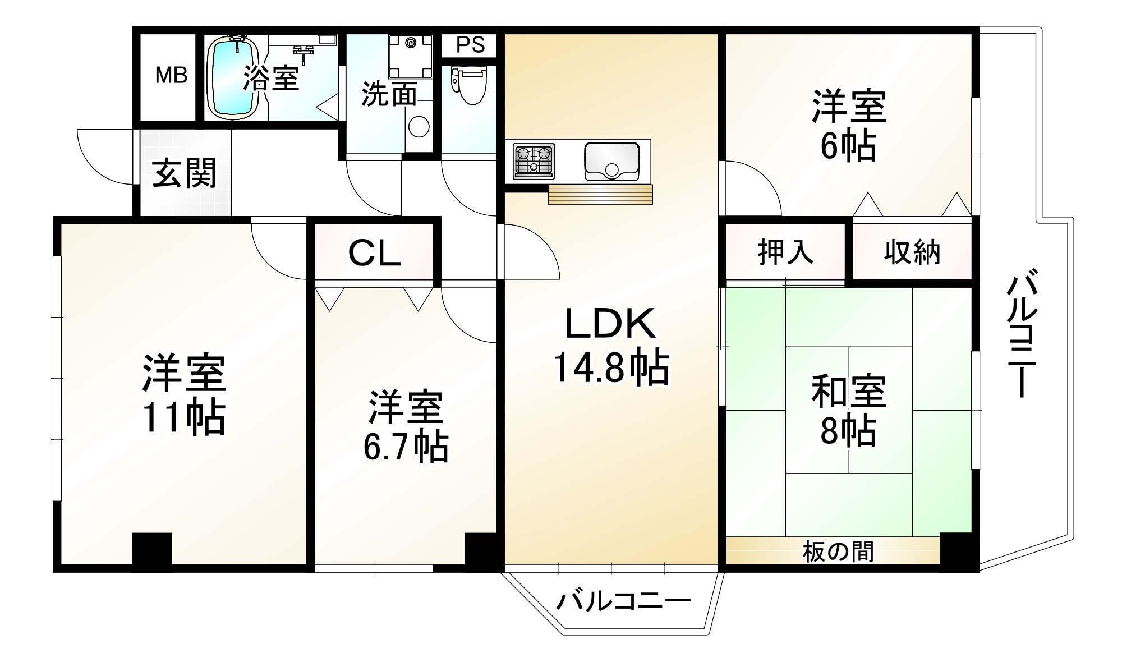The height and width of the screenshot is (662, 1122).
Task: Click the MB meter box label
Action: pos(171,75)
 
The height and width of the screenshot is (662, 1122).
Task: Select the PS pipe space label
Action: pos(470,45)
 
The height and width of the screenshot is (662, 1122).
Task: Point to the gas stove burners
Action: pos(534,161)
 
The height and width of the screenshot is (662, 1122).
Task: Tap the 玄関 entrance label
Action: pos(185,173)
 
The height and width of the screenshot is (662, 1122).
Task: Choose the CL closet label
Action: pos(374,254)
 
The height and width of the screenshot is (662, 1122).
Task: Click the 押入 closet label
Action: pos(785,252)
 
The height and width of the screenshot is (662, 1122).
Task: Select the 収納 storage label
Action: pos(912,252)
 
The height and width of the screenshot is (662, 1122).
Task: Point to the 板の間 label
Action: pos(838,551)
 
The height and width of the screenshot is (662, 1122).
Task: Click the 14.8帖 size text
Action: pos(611,368)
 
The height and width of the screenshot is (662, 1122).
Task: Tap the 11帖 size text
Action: pos(183,418)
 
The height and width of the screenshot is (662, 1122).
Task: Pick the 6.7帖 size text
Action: pos(406,447)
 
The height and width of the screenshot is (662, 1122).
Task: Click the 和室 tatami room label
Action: pos(848,391)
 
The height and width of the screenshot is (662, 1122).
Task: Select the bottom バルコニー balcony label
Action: pos(623,602)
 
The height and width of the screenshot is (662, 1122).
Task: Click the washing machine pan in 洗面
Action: pos(411,56)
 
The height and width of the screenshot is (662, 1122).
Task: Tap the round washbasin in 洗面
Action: pos(419,126)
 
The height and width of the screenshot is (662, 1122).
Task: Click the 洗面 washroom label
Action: pos(389,94)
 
